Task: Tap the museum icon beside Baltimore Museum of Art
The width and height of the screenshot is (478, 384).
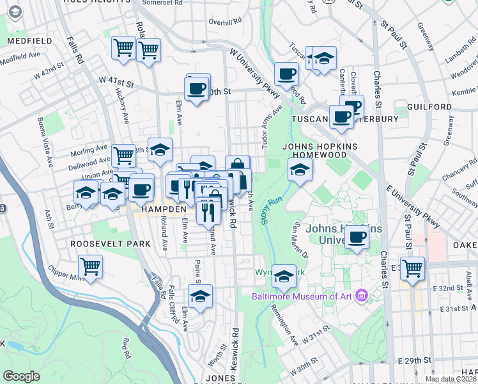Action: tap(362, 296)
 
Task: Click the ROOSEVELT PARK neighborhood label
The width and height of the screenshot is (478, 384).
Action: tap(111, 244)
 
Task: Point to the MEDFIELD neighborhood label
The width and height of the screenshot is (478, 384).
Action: tap(29, 41)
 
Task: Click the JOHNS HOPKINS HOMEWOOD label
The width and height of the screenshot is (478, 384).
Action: tap(318, 150)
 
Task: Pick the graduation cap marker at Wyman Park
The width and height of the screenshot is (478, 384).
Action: tap(284, 275)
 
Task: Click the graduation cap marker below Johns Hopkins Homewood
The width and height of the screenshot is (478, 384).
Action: tap(299, 170)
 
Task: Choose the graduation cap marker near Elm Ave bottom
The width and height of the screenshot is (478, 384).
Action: tap(201, 296)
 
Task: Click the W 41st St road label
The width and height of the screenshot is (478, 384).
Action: tap(116, 83)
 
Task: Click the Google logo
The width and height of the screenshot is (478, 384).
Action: tap(21, 376)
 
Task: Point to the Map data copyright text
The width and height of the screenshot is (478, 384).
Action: tap(449, 379)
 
